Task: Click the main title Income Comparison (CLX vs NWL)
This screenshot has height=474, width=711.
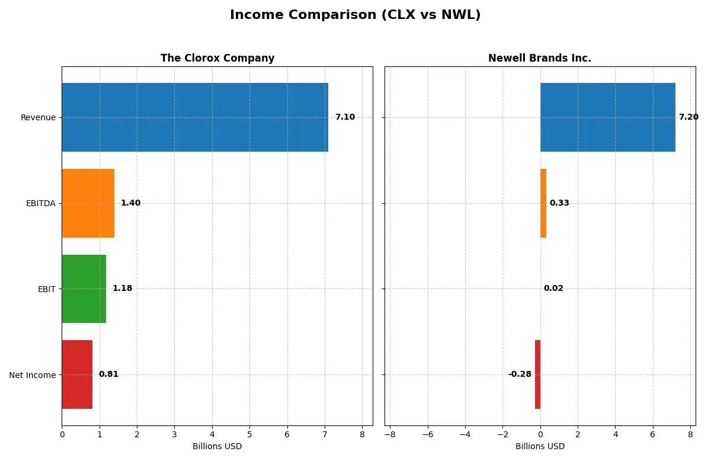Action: coord(355,15)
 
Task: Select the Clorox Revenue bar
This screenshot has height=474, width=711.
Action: coord(195,117)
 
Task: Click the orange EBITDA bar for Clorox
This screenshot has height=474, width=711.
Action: coord(88,203)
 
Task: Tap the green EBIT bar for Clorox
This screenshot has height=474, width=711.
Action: coord(84,289)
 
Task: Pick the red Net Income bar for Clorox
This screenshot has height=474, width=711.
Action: coord(77,374)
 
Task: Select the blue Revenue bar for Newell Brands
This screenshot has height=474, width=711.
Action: coord(607,117)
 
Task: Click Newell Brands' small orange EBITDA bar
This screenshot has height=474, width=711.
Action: coord(543,203)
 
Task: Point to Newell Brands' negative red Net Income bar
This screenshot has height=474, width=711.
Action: coord(537,374)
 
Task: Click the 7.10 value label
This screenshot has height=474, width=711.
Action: coord(345,117)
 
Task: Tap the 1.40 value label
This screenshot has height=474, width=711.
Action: coord(130,203)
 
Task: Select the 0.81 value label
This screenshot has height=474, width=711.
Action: coord(108,374)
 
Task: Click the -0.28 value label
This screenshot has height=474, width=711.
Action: coord(520,374)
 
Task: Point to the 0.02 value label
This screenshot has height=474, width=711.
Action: coord(553,289)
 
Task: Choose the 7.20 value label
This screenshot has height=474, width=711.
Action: coord(688,117)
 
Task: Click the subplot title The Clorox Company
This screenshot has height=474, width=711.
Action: coord(217,59)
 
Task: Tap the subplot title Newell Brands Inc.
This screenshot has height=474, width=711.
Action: coord(539,59)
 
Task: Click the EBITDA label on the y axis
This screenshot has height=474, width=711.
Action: coord(41,203)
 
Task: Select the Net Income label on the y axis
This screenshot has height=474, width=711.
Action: coord(33,374)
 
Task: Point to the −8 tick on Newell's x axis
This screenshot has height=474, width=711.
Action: coord(390,434)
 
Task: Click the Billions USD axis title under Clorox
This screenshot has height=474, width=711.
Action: coord(217,446)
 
